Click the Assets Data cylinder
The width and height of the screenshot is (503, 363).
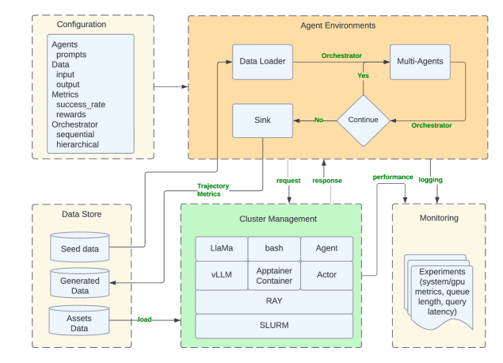(x=79, y=320)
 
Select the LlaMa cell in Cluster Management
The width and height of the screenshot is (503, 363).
(x=221, y=249)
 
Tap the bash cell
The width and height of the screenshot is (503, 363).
(x=273, y=249)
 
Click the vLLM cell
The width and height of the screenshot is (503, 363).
(x=221, y=275)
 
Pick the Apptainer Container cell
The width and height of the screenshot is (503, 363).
(x=273, y=275)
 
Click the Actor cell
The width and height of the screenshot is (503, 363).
(x=326, y=275)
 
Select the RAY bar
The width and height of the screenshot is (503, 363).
(x=273, y=301)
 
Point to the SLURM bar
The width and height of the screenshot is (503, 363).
(x=273, y=326)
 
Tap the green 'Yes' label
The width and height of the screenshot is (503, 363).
(x=364, y=75)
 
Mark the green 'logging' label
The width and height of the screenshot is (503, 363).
(x=431, y=180)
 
